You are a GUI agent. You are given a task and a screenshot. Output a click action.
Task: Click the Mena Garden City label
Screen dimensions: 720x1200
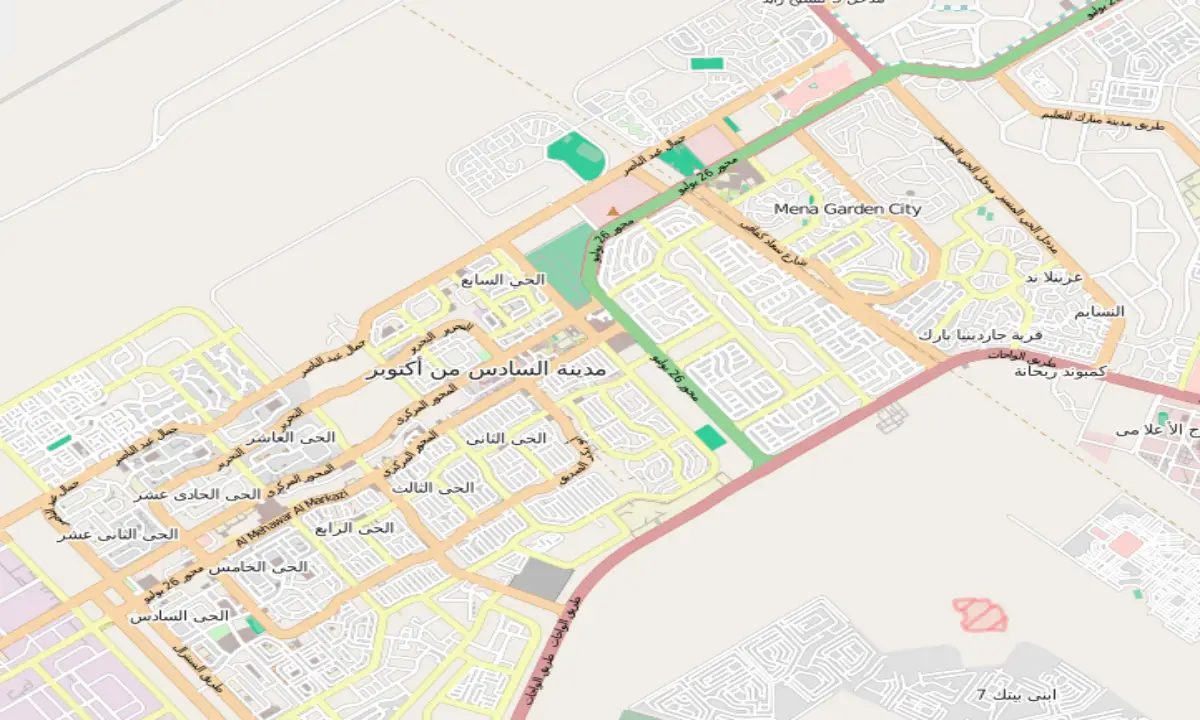[x=848, y=209]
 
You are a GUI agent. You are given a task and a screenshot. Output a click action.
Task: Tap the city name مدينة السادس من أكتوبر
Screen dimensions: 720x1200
[x=494, y=369]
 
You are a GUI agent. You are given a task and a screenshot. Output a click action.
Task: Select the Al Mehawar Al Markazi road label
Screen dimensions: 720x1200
[x=293, y=517]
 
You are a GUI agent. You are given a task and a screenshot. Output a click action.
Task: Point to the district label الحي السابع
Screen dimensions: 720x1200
[x=503, y=280]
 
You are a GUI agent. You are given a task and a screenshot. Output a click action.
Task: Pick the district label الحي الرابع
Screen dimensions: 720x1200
[x=354, y=528]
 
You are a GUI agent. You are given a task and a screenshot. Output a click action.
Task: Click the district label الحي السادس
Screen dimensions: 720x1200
[x=179, y=616]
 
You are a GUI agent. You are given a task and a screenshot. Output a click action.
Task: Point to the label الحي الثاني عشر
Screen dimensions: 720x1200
[x=118, y=535]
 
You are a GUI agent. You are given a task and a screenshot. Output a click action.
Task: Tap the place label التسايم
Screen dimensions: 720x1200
[x=1099, y=312]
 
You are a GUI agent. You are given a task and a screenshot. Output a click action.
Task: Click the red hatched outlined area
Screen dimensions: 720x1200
[x=980, y=614]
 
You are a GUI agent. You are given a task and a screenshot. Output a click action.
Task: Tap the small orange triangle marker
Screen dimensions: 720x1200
[x=614, y=210]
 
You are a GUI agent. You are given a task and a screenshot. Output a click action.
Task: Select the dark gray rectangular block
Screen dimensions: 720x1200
[x=541, y=580]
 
